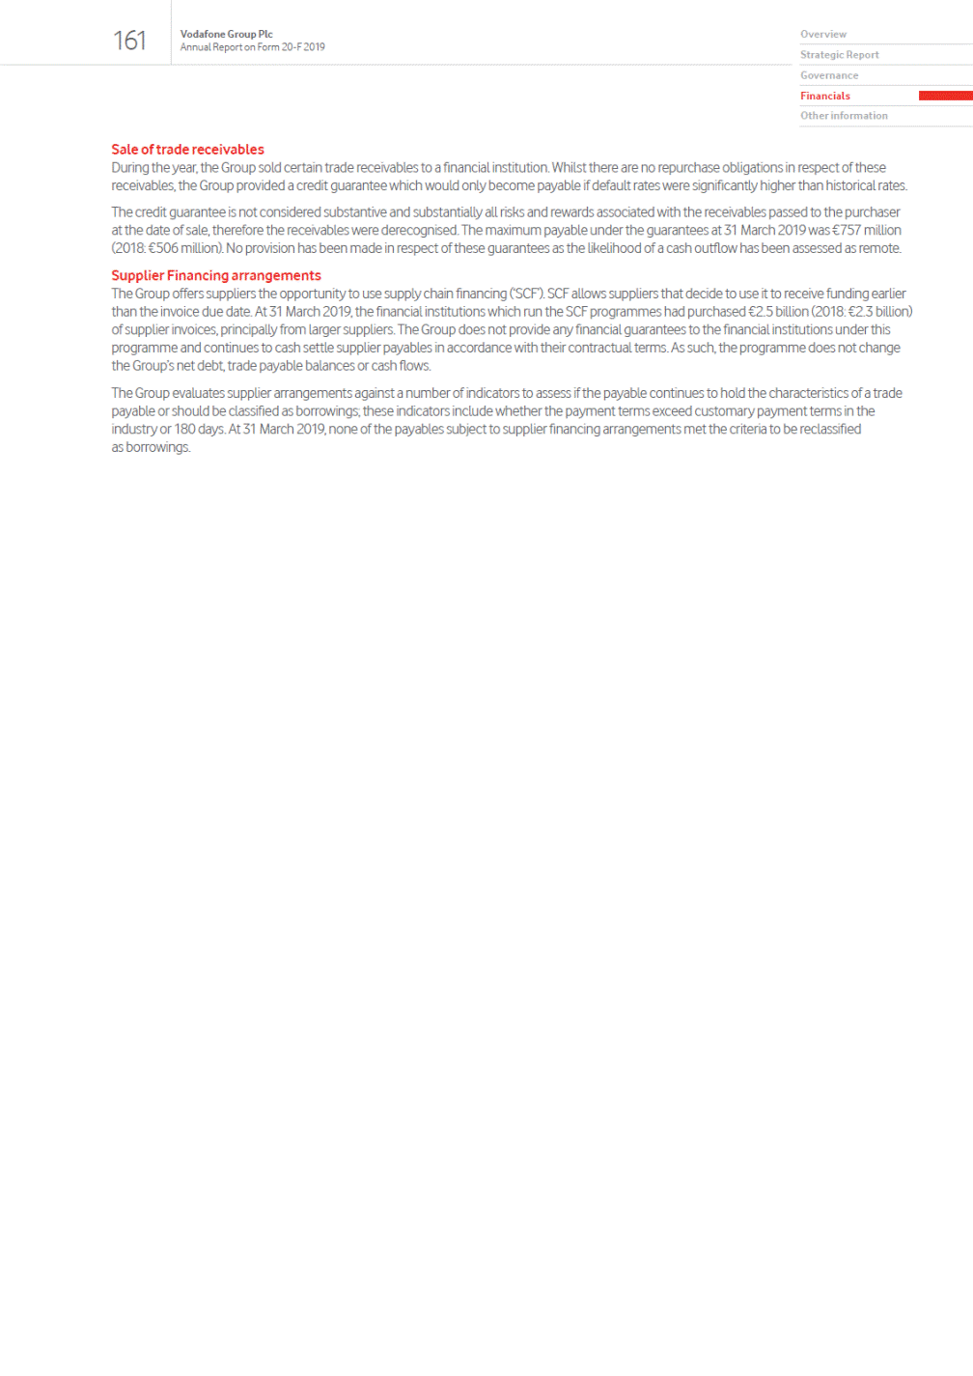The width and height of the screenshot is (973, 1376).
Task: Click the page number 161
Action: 129,41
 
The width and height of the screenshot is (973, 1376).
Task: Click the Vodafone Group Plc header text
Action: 226,34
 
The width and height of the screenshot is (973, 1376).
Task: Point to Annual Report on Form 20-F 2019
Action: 252,47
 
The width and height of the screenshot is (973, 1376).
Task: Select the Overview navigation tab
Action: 822,34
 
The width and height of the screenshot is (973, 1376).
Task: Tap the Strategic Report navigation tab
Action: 839,55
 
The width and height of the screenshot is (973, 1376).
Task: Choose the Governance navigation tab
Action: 828,75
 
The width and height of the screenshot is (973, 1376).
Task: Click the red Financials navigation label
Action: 824,96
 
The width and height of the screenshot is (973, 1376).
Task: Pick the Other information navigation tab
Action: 843,116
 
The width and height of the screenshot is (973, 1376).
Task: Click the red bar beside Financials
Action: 945,96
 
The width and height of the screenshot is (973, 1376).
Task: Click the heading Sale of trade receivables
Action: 187,150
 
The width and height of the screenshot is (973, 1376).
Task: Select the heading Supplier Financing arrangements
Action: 215,275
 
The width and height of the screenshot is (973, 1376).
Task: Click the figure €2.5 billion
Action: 778,312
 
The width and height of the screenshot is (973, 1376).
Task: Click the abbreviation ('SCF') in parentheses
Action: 526,294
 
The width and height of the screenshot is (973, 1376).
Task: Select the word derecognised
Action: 419,230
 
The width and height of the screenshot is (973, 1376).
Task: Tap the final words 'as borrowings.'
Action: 151,447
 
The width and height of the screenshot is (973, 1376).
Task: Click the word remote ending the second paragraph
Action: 880,248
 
